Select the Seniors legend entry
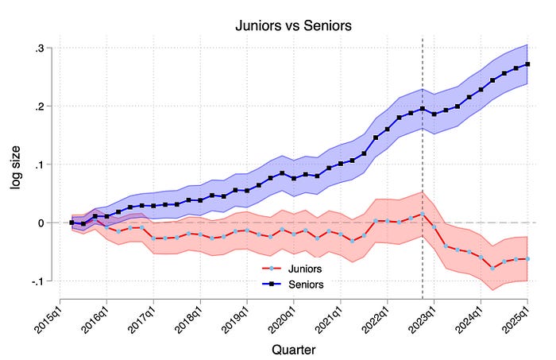(289, 282)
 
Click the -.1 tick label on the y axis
(37, 281)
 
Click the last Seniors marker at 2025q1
(528, 64)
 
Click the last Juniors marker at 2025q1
(528, 259)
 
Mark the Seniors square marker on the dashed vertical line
(422, 109)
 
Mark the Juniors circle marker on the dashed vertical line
(422, 213)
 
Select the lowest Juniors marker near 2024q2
(492, 269)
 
